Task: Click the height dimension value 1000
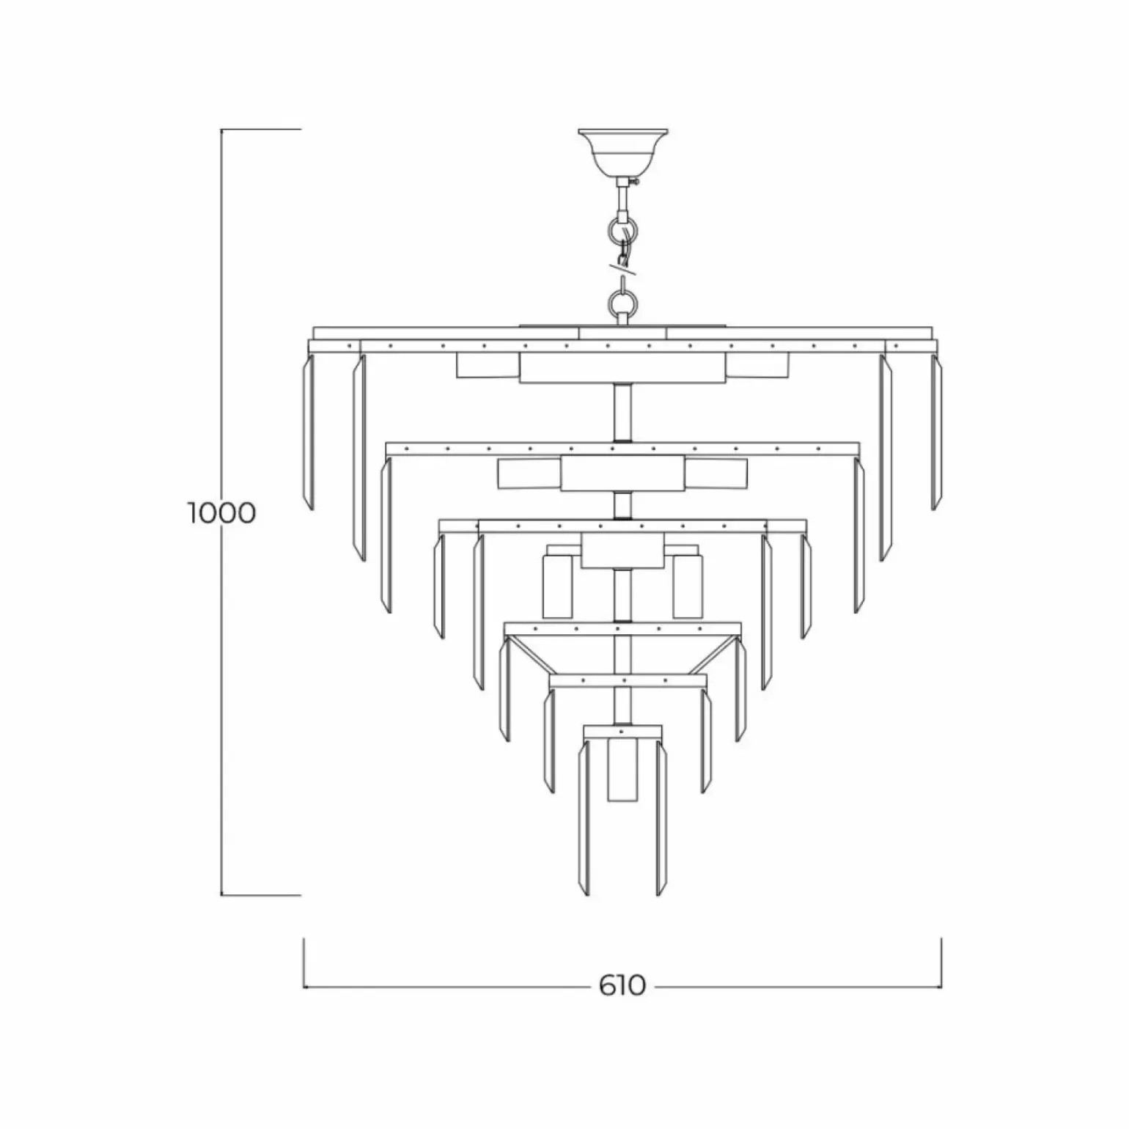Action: tap(221, 512)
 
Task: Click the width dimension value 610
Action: tap(622, 985)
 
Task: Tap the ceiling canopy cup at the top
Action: tap(622, 152)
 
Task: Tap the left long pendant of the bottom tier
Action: tap(584, 818)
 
